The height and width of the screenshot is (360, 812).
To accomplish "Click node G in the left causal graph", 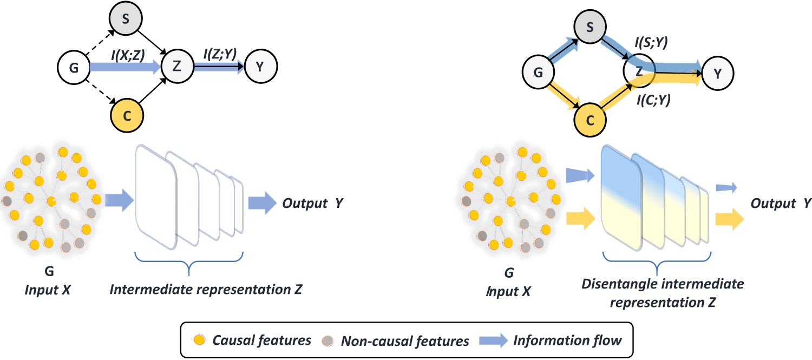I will tap(73, 68).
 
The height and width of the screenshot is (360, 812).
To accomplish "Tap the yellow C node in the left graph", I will tap(126, 114).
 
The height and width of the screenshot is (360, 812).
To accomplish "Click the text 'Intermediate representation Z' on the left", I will tap(206, 291).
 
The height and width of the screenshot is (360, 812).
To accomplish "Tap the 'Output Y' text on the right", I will tap(781, 204).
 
